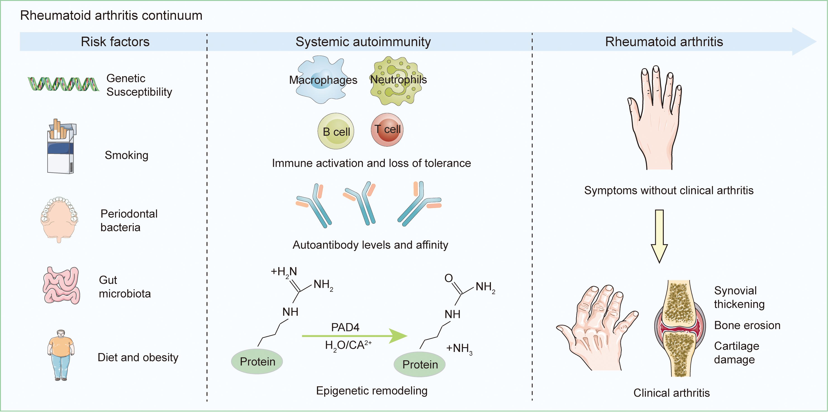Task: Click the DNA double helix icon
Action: click(63, 84)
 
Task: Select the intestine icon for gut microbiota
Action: click(61, 285)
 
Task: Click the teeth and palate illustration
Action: click(59, 220)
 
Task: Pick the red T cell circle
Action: click(387, 130)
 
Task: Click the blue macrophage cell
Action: click(321, 80)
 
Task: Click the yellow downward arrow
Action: click(659, 236)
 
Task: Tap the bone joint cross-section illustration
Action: click(680, 328)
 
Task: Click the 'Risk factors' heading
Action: click(115, 42)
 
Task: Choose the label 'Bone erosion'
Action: click(747, 325)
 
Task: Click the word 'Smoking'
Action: click(126, 155)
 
